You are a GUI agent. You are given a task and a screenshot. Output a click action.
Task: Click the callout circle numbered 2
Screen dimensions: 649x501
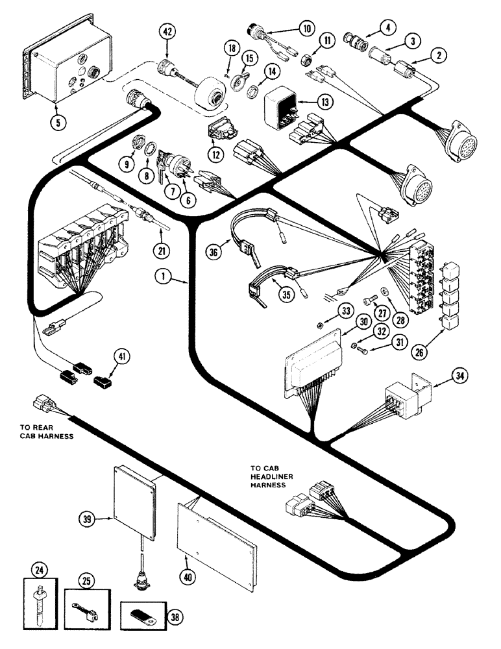tap(441, 56)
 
